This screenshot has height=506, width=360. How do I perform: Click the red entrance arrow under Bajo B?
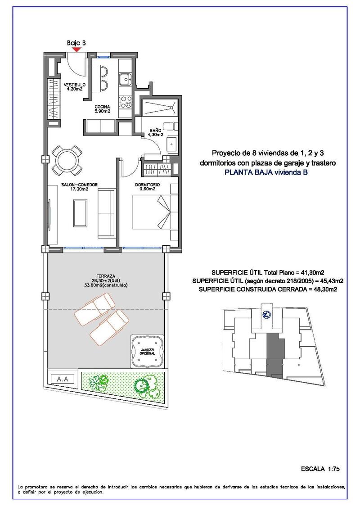click(76, 50)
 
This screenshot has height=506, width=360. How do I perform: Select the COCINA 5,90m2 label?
click(102, 108)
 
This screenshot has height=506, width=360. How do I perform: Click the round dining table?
click(66, 161)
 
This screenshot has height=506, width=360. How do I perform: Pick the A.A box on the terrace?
click(63, 379)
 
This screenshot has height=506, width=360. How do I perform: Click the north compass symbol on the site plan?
click(266, 316)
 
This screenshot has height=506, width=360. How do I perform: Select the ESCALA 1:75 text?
click(320, 469)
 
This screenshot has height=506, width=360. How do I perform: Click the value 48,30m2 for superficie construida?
click(321, 289)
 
